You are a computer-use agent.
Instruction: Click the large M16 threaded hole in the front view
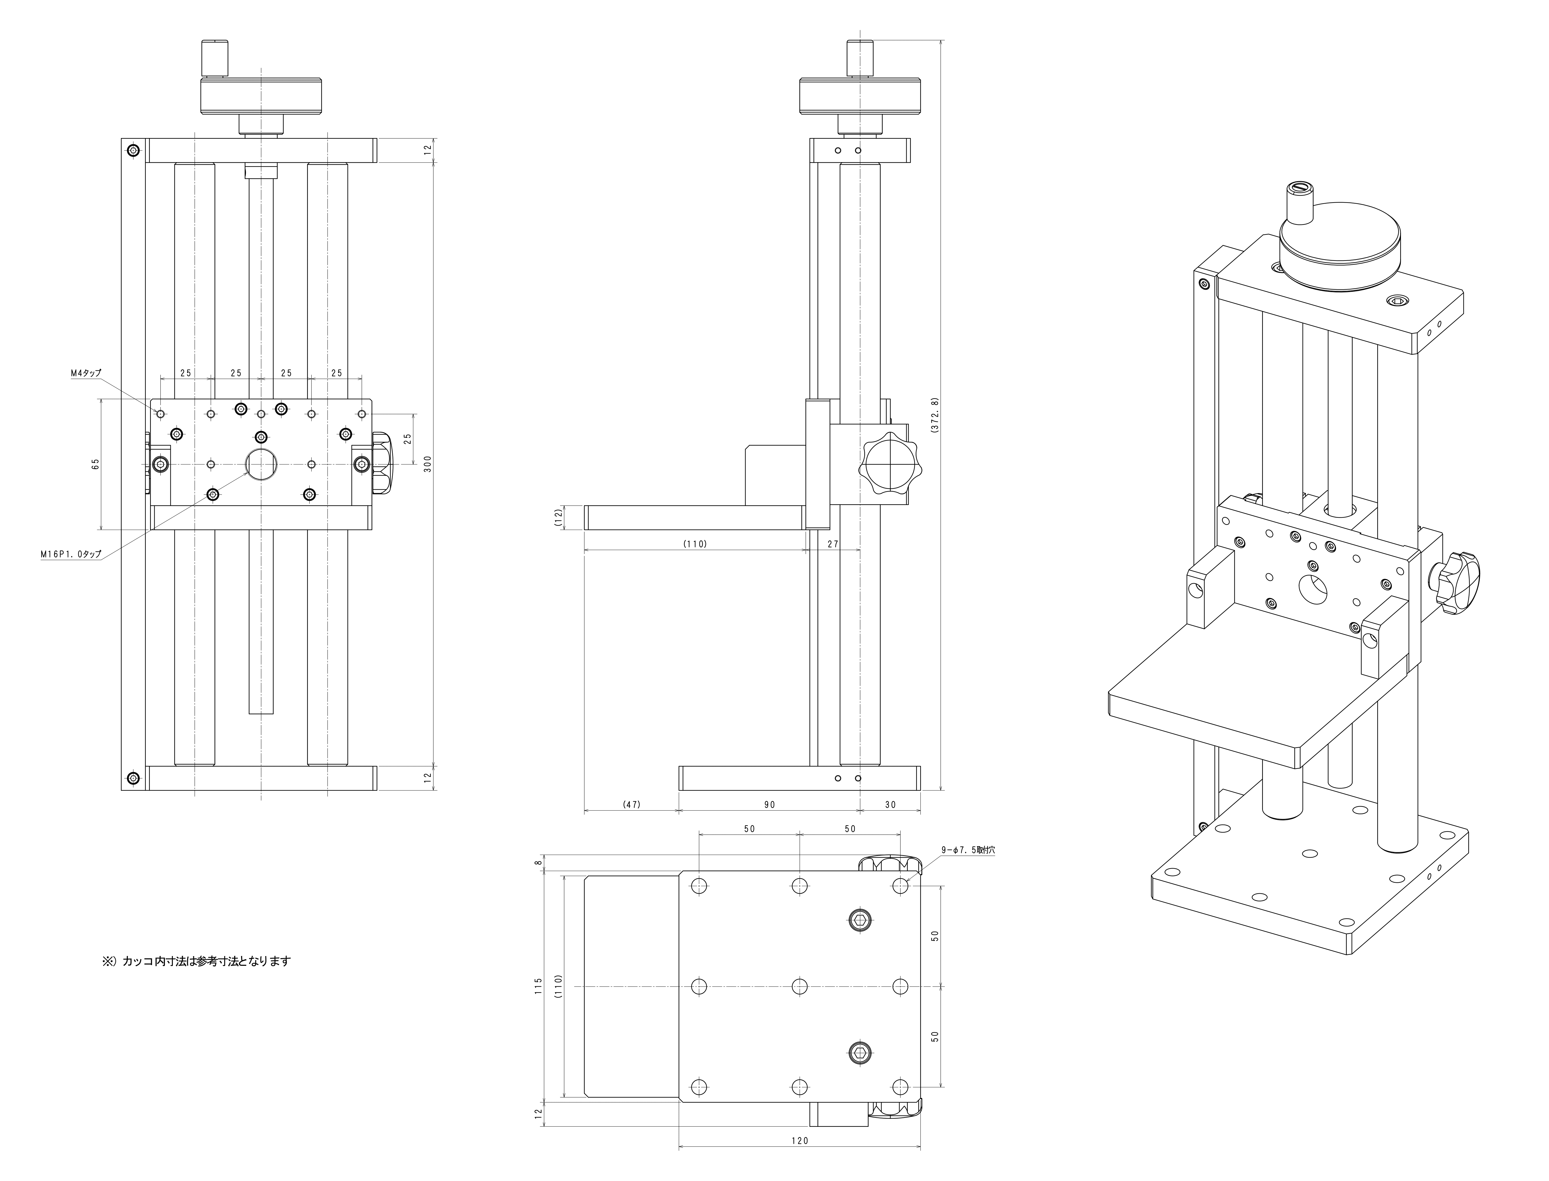click(x=261, y=464)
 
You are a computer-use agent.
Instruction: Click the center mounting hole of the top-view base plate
click(x=800, y=987)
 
